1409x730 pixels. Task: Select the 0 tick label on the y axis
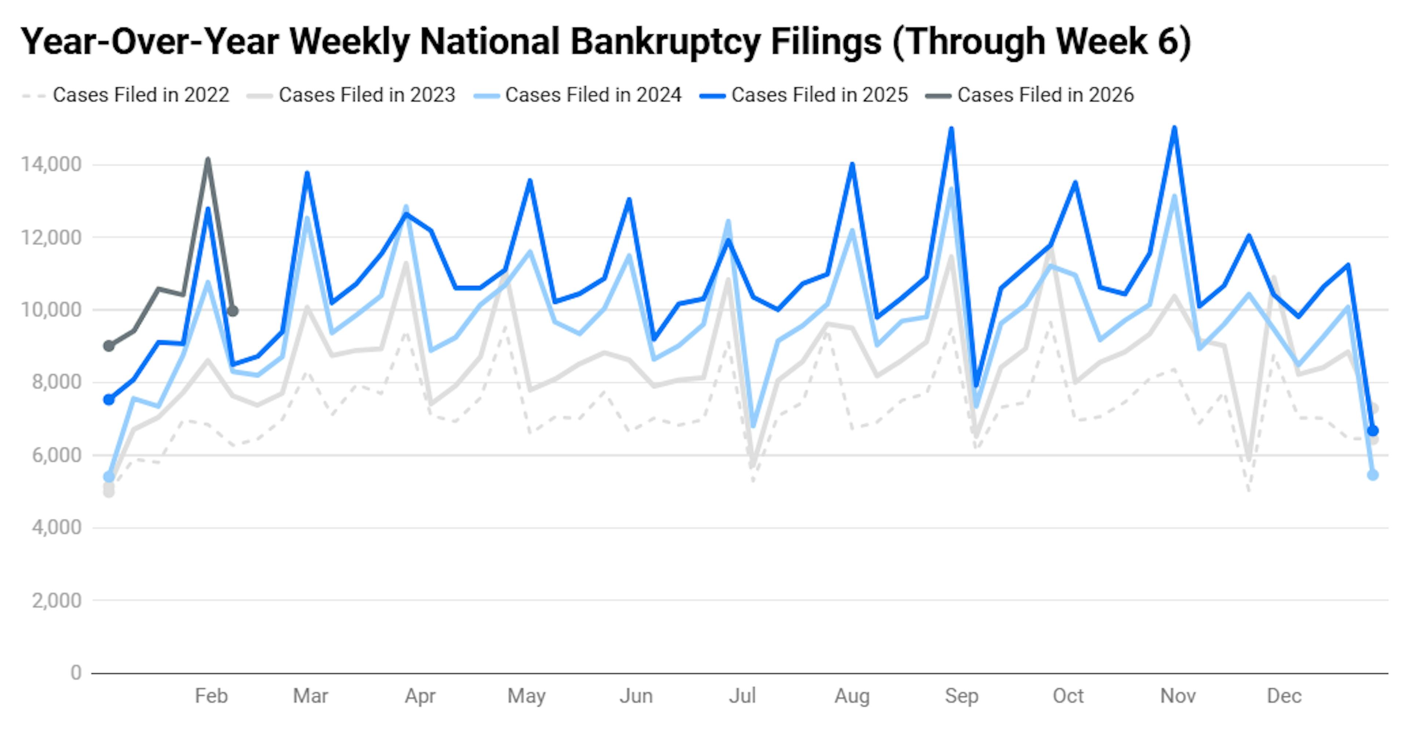tap(76, 672)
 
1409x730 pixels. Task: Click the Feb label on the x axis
tap(211, 696)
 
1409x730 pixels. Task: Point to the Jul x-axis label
tap(742, 696)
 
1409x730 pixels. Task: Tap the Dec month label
tap(1284, 696)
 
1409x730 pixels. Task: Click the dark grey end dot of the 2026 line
tap(233, 311)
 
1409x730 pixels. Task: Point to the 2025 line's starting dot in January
tap(109, 400)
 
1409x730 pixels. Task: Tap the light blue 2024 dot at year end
tap(1372, 475)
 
